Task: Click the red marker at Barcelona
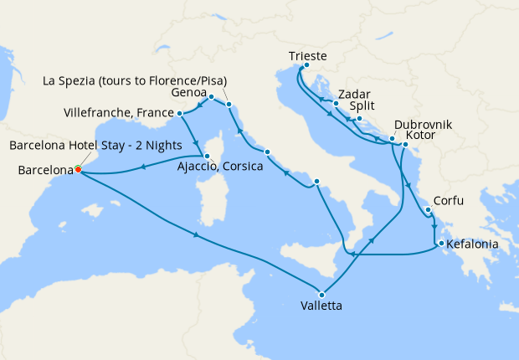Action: tap(78, 169)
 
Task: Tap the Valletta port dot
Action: tap(321, 293)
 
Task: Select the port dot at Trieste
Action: tap(306, 65)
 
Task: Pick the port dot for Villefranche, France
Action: tap(180, 112)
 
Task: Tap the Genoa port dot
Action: tap(211, 97)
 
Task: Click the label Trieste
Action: tap(307, 56)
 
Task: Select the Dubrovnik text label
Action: tap(424, 124)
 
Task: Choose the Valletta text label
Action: tap(320, 306)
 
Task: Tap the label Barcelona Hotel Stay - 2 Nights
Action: tap(96, 144)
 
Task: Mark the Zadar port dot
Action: tap(335, 104)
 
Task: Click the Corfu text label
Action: tap(447, 201)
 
